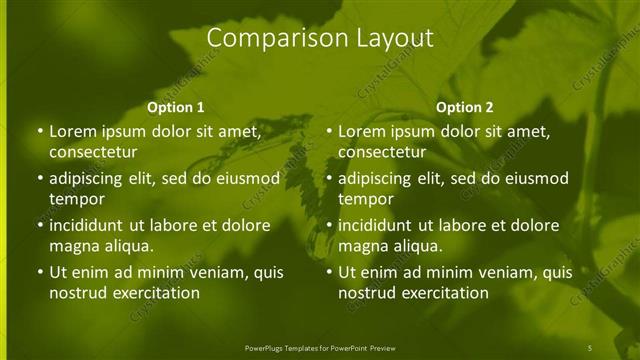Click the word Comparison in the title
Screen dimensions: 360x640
coord(266,38)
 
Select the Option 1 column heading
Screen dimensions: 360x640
coord(176,107)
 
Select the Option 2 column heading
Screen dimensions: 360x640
coord(465,107)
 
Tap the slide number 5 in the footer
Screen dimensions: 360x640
coord(590,347)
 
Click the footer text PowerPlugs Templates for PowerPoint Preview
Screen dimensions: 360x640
coord(320,347)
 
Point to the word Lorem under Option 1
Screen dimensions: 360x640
coord(72,131)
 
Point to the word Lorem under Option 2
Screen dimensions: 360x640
coord(361,131)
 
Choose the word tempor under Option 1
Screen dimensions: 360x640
coord(75,199)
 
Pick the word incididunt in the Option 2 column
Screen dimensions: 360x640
coord(375,225)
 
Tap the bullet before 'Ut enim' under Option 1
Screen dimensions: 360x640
coord(39,272)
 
